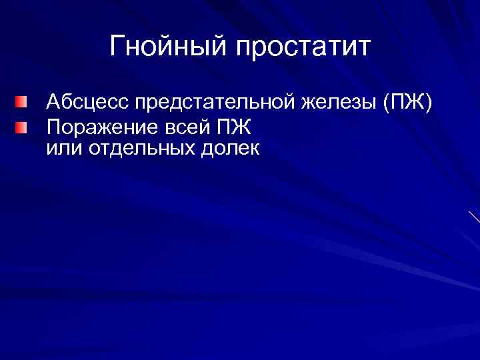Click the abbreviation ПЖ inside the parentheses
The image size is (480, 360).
click(x=407, y=103)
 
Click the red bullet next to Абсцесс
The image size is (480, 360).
click(x=22, y=103)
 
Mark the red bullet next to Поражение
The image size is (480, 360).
click(x=22, y=125)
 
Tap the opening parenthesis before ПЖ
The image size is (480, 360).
click(x=387, y=104)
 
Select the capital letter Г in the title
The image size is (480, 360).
click(x=117, y=47)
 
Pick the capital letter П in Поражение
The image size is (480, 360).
click(x=52, y=126)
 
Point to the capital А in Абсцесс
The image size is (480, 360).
click(x=53, y=103)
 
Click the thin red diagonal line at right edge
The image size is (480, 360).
click(x=473, y=216)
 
